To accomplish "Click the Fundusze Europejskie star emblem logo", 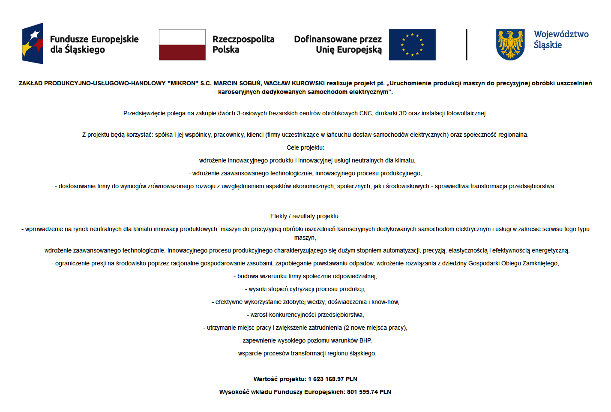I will (x=33, y=44).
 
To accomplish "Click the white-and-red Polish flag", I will (x=182, y=45).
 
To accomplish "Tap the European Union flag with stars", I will (x=412, y=45).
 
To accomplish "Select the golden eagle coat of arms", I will (x=510, y=45).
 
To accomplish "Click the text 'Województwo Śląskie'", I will (x=561, y=39).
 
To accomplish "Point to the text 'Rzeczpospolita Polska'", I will (x=243, y=44).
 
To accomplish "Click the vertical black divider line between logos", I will (x=467, y=45).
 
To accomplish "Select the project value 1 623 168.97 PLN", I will (x=332, y=379).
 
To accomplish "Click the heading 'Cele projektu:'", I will (x=305, y=147).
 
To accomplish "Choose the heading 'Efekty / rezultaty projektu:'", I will (x=305, y=216).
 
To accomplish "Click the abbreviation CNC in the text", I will (x=365, y=113).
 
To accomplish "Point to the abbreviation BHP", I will (x=365, y=340).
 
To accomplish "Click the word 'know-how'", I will (x=385, y=302).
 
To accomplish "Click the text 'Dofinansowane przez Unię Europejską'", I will (x=338, y=44).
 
